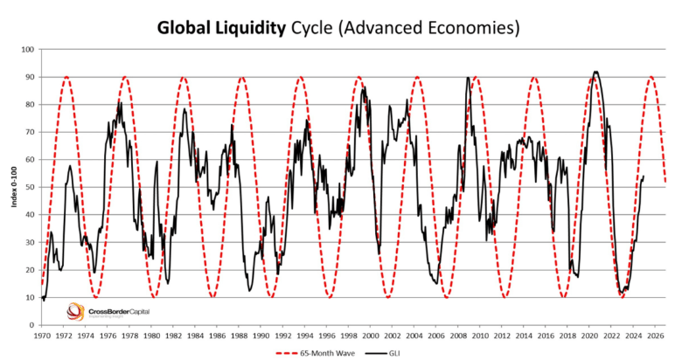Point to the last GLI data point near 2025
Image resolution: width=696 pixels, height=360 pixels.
(644, 177)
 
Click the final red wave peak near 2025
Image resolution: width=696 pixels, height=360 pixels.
(651, 77)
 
